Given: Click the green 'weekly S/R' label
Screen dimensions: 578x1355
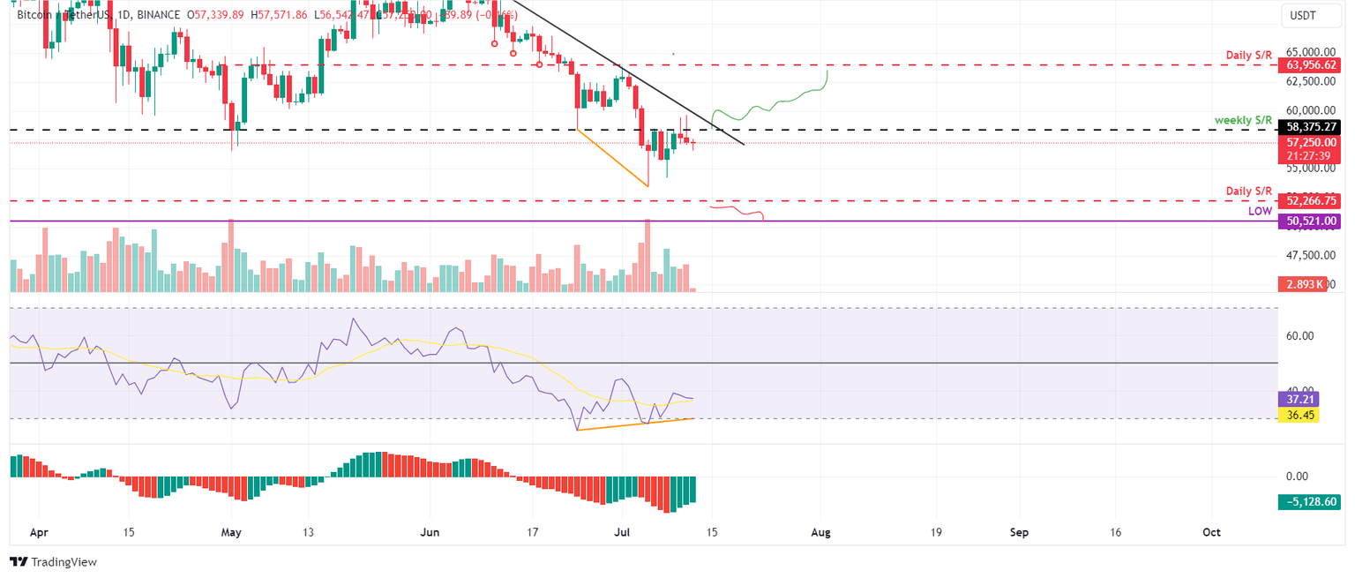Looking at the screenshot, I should pyautogui.click(x=1243, y=119).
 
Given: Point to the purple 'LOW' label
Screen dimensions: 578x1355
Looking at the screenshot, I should pyautogui.click(x=1260, y=212).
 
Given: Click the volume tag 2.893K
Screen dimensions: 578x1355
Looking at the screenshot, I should pyautogui.click(x=1302, y=284).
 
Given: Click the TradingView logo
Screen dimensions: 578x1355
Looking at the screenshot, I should pyautogui.click(x=53, y=561).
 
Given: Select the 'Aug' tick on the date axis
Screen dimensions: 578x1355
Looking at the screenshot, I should pyautogui.click(x=821, y=533).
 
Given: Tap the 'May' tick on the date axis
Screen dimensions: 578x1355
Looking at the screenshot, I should pyautogui.click(x=230, y=533).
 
